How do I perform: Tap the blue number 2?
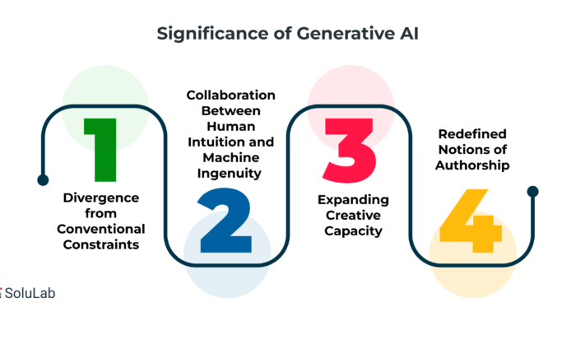[x=225, y=221]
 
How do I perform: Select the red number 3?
[x=350, y=151]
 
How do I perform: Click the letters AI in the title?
[x=407, y=34]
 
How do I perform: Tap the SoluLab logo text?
[x=30, y=293]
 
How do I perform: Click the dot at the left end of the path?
[x=43, y=180]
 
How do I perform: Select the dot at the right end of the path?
[x=532, y=192]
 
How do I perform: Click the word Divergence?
[x=101, y=198]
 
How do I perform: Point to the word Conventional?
[x=101, y=229]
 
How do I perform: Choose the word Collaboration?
[x=230, y=95]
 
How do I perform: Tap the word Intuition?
[x=211, y=142]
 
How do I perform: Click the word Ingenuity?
[x=230, y=174]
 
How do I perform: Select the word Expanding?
[x=353, y=200]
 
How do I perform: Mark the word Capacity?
[x=353, y=231]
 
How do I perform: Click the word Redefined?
[x=472, y=134]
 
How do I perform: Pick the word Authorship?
[x=472, y=165]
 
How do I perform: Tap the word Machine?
[x=231, y=157]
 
